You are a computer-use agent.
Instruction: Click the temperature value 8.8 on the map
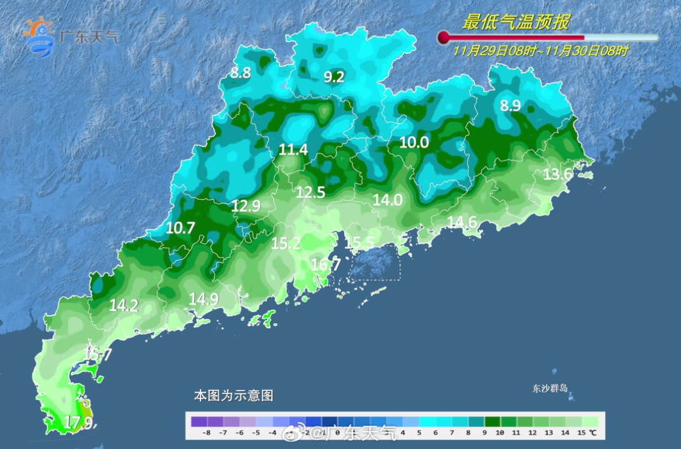[240, 73]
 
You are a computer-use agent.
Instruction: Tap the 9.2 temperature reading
[334, 77]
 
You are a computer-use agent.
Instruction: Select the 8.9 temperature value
[510, 106]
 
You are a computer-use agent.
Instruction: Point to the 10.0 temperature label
[414, 143]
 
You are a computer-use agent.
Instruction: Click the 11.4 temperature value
[294, 150]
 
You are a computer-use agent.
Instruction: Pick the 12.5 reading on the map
[310, 193]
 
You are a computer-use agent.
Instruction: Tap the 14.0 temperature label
[388, 200]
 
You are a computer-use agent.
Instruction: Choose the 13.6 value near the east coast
[557, 174]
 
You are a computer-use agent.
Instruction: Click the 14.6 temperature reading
[462, 222]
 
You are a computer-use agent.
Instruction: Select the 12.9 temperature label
[246, 205]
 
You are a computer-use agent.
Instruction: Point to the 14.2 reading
[124, 306]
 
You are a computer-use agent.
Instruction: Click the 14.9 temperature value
[203, 300]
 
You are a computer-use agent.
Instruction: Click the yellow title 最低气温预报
[515, 23]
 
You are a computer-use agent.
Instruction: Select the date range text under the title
[541, 52]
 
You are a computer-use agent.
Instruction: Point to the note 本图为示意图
[233, 395]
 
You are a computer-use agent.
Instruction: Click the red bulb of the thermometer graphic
[443, 38]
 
